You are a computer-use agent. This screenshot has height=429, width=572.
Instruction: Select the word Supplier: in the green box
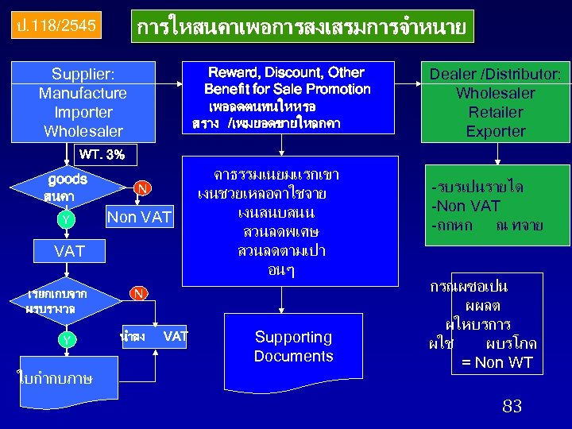(83, 74)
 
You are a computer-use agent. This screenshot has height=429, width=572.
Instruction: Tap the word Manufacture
(83, 93)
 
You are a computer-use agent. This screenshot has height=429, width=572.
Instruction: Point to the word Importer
(83, 112)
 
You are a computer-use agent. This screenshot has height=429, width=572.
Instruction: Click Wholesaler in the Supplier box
(83, 131)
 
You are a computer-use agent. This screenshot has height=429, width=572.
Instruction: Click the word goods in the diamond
(68, 180)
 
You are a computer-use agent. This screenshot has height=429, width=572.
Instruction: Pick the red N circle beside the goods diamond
(141, 188)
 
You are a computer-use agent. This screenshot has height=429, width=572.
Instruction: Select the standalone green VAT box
(70, 252)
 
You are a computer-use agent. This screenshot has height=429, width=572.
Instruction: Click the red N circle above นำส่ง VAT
(138, 294)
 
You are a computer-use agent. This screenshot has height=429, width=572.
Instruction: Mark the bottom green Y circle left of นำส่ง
(68, 340)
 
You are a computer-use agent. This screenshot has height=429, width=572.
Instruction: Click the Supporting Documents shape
(293, 346)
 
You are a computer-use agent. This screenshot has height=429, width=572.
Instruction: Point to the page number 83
(512, 407)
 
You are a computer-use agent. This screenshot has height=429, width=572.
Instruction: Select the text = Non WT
(497, 363)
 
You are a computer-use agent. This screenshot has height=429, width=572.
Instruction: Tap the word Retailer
(496, 112)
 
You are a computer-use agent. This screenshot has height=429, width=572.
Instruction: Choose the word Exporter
(496, 131)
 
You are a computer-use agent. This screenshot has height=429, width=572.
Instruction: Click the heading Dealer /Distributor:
(496, 74)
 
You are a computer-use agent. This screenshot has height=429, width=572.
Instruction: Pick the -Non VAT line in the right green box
(466, 207)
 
